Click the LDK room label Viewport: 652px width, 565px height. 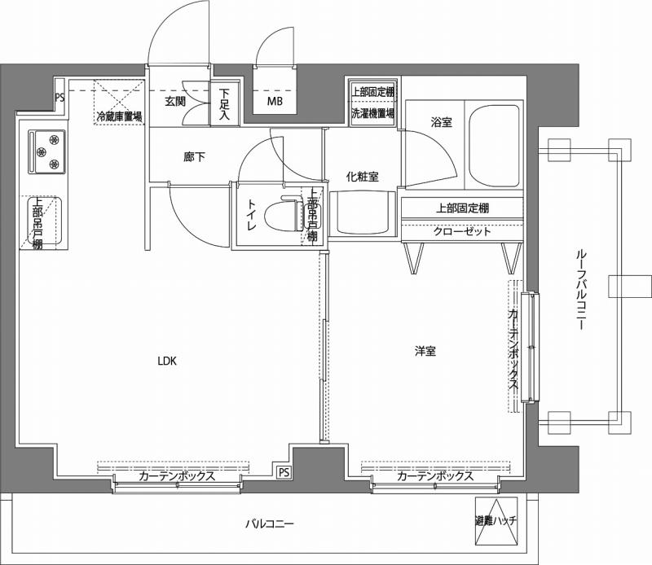(167, 359)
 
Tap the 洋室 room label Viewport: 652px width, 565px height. (424, 352)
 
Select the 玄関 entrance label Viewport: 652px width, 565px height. (175, 102)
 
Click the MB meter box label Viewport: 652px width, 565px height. (275, 102)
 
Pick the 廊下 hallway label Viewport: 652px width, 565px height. (194, 156)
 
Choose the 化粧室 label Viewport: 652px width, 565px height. (361, 176)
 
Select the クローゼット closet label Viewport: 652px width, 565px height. (461, 231)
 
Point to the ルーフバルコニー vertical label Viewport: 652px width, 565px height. (581, 289)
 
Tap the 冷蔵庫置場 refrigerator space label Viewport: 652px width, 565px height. (119, 116)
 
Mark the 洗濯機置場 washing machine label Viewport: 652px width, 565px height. (372, 112)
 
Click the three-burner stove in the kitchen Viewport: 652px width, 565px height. (47, 151)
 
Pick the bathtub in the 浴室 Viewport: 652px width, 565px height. (494, 142)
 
